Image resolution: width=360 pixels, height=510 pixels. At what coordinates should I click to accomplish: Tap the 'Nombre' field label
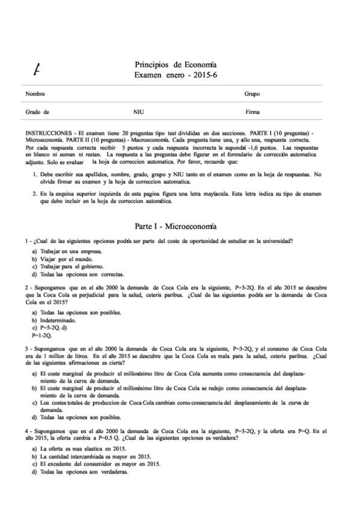click(35, 94)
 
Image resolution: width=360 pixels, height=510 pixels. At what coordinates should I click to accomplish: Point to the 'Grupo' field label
click(252, 94)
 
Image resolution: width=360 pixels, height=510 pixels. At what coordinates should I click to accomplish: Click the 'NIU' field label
click(138, 112)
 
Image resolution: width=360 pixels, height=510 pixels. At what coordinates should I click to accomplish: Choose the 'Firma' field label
click(252, 112)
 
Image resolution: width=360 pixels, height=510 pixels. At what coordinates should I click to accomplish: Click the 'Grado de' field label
click(37, 112)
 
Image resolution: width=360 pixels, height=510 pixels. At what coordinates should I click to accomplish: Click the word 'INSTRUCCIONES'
click(47, 131)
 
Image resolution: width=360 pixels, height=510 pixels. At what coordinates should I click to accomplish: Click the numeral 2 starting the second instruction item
click(34, 194)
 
